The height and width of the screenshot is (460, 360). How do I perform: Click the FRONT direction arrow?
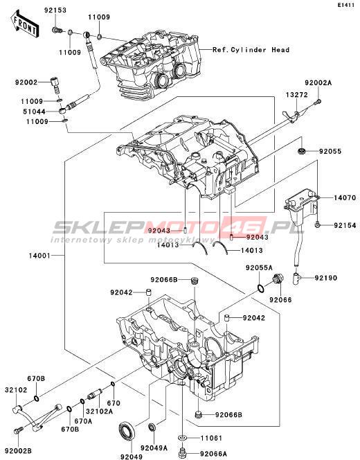(24, 24)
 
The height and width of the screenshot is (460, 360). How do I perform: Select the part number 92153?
(55, 10)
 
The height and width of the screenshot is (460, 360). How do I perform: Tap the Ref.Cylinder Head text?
(251, 50)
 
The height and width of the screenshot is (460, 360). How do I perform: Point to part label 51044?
(35, 112)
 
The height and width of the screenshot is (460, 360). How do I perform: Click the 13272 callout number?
(297, 94)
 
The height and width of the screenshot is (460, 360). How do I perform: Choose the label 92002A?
(318, 82)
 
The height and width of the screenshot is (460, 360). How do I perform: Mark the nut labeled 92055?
(302, 152)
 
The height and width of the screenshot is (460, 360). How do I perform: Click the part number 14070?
(345, 197)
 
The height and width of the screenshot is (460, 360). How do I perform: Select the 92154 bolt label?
(345, 225)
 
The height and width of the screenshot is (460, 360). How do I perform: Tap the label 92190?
(326, 278)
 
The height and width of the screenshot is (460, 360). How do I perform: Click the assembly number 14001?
(40, 256)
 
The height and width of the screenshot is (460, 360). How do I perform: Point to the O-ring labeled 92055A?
(260, 288)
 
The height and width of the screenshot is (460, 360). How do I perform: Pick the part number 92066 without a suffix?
(281, 299)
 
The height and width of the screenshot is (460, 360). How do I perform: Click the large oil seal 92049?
(127, 431)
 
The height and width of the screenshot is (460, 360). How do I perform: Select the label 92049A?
(154, 448)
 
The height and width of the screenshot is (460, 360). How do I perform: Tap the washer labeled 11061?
(182, 438)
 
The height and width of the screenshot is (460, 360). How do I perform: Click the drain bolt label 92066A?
(214, 453)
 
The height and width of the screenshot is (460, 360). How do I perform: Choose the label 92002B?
(18, 450)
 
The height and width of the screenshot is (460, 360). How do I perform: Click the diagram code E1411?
(347, 5)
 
